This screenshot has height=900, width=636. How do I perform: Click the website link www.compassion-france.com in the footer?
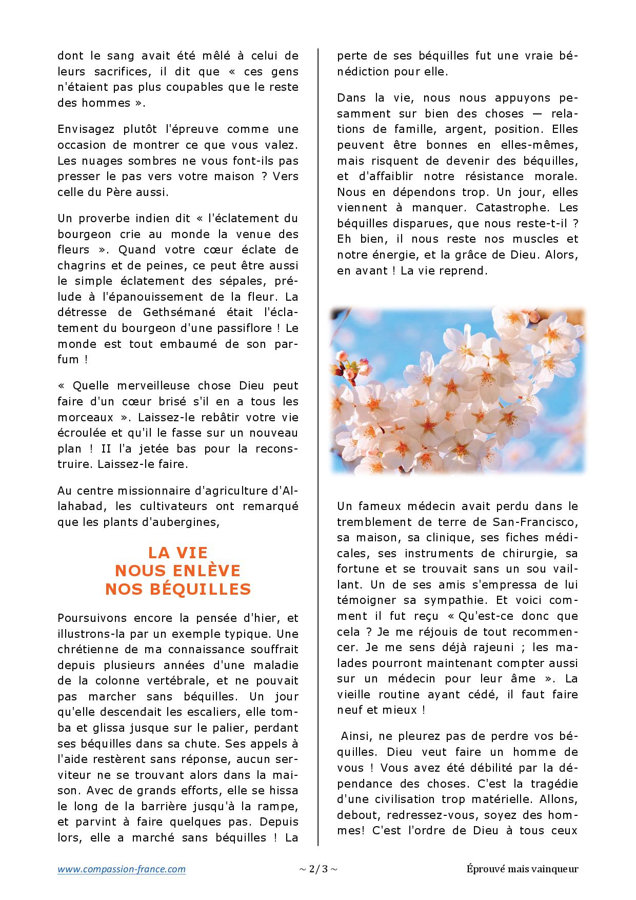click(122, 869)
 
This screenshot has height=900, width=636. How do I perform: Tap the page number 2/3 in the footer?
click(318, 869)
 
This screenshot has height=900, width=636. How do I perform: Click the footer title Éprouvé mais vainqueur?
click(523, 869)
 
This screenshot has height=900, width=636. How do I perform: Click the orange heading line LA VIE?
click(178, 553)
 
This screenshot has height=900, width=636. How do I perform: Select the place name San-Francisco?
click(535, 522)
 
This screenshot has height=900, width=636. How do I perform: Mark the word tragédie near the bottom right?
click(553, 784)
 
